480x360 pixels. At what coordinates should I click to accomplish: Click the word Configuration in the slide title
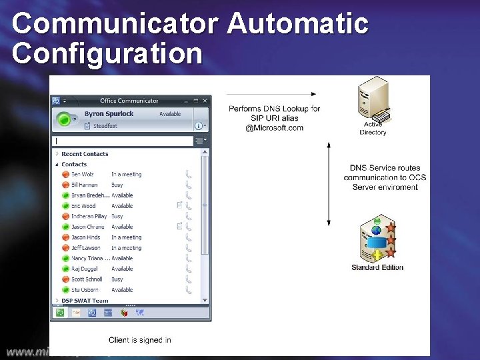107,53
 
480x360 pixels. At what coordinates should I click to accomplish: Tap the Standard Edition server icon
377,239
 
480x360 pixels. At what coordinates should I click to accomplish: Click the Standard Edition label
377,267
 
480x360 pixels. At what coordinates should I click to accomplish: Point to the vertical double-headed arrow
328,183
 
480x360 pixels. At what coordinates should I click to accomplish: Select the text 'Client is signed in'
140,340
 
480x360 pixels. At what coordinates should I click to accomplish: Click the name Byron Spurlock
109,114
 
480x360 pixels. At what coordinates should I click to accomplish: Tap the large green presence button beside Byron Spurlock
65,119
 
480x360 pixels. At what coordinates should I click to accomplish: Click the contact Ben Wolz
83,175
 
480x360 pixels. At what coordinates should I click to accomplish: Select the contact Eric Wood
83,206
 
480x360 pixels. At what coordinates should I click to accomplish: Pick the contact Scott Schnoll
87,279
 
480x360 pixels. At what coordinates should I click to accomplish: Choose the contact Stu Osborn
85,290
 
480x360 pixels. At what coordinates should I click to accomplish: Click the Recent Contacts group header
85,154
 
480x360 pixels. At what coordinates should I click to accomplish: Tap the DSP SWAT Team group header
85,301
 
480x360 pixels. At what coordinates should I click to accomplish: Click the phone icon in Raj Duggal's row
189,269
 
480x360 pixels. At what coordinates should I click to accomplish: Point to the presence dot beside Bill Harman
65,185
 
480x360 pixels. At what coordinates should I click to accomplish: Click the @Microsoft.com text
274,128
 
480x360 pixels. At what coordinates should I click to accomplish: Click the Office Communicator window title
129,101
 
